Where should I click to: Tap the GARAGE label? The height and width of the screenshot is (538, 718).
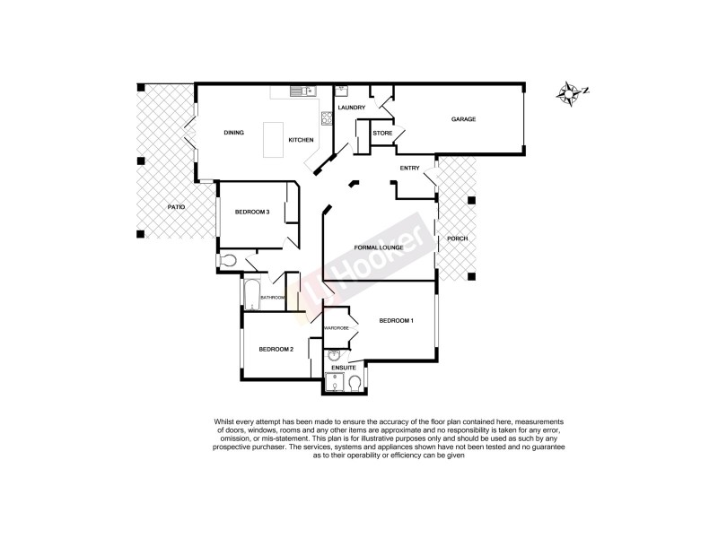[x=463, y=119]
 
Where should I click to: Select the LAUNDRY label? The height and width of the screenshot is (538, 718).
[x=351, y=108]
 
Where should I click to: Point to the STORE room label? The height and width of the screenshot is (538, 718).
[x=382, y=133]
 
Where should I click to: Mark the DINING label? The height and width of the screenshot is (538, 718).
[x=233, y=133]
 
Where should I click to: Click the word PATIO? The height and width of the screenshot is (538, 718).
[x=176, y=207]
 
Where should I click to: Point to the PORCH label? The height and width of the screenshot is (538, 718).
[x=458, y=239]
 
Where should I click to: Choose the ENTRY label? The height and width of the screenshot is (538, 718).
[x=410, y=168]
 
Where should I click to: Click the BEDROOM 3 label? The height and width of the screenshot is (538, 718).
[x=252, y=212]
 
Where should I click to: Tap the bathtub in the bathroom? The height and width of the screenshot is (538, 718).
[x=249, y=293]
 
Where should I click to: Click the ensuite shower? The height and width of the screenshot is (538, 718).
[x=335, y=382]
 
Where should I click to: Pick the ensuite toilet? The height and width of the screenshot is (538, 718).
[x=355, y=383]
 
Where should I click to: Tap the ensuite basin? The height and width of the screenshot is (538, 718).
[x=334, y=356]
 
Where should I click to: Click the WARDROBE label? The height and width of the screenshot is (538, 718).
[x=337, y=329]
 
